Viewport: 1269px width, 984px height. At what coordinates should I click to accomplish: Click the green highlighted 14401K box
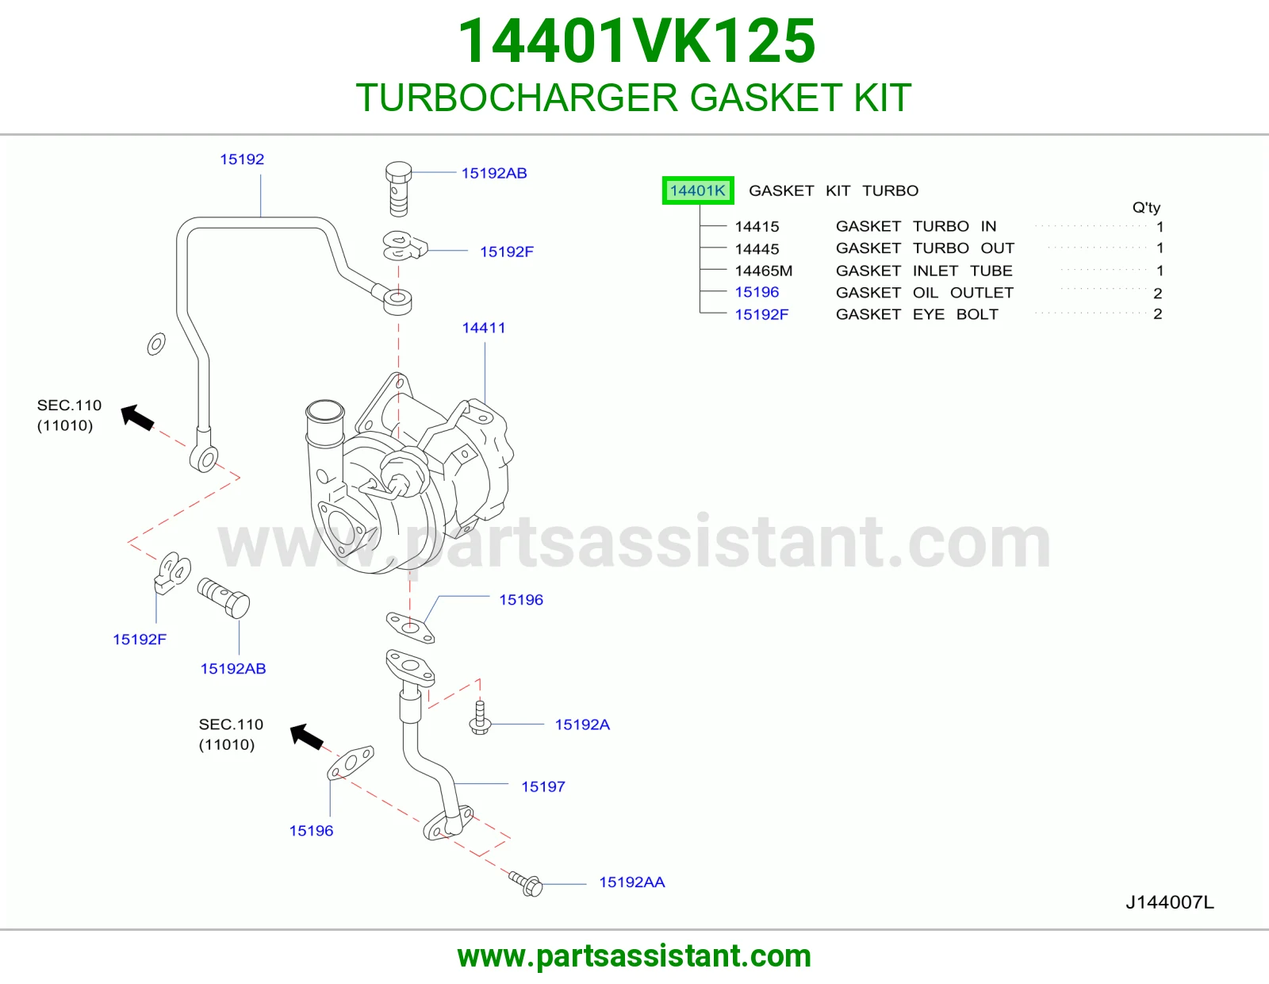pos(698,190)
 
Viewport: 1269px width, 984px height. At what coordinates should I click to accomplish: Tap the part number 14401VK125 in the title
pos(636,41)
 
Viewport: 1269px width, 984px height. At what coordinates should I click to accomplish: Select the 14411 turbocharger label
pos(484,328)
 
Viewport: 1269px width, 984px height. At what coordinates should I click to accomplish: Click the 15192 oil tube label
pos(242,159)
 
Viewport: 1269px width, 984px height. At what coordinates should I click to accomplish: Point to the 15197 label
pos(543,786)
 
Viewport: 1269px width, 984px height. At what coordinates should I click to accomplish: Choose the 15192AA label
pos(632,882)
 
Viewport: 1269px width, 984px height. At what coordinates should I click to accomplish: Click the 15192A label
pos(582,725)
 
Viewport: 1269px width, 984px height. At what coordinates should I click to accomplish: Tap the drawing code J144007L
pos(1170,902)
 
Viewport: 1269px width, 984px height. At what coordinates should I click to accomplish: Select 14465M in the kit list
pos(763,271)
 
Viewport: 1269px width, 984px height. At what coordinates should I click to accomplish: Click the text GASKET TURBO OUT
pos(925,248)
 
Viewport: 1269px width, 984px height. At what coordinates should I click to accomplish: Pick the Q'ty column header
pos(1146,207)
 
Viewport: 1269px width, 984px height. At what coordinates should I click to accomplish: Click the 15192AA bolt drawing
pos(526,884)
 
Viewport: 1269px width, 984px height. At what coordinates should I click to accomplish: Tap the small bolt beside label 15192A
pos(480,718)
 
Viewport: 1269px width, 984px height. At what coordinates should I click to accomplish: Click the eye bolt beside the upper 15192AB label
pos(398,188)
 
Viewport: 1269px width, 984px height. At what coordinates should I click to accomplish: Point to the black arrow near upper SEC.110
pos(137,417)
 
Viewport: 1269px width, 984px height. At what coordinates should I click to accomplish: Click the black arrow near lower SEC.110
pos(307,736)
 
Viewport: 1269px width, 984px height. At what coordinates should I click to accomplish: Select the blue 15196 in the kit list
pos(757,292)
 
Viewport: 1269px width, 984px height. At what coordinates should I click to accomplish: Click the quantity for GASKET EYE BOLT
pos(1157,314)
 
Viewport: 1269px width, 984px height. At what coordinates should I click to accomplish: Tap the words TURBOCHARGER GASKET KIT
pos(634,98)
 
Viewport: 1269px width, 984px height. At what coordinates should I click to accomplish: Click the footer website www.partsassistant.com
pos(634,956)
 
